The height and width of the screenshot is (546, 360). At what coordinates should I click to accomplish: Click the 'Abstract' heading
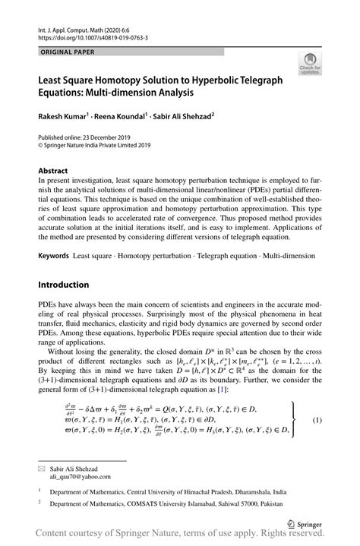[54, 172]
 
